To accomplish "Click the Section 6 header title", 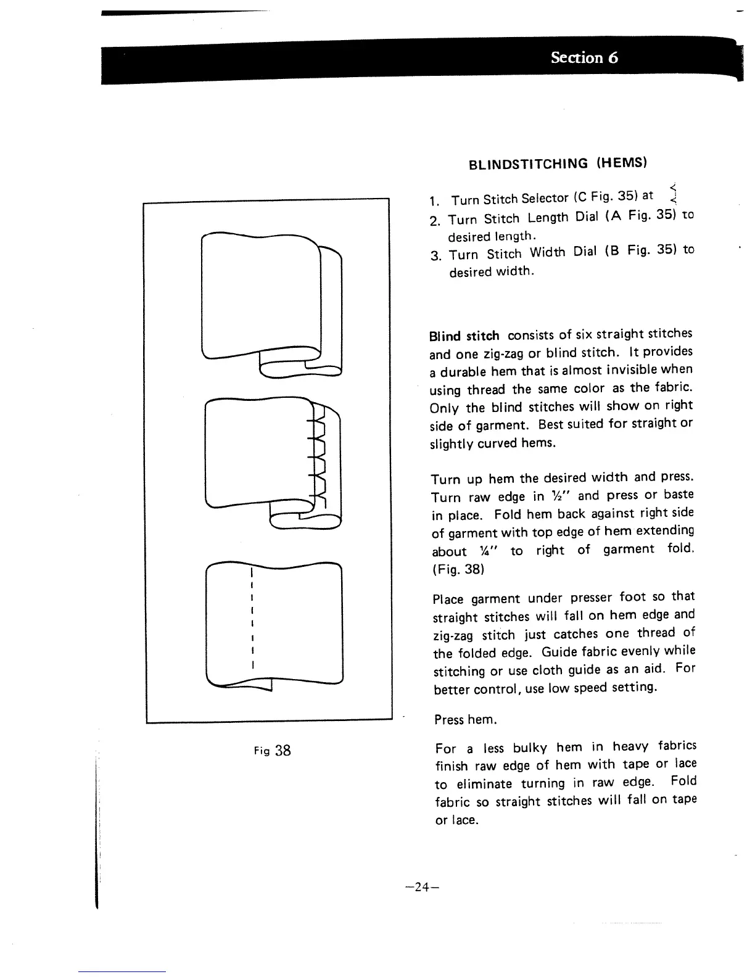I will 584,58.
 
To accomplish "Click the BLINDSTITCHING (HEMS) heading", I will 557,163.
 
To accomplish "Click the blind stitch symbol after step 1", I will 674,194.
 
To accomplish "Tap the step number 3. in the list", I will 436,255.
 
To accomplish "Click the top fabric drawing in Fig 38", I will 271,302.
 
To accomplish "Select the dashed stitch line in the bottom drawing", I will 253,620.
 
